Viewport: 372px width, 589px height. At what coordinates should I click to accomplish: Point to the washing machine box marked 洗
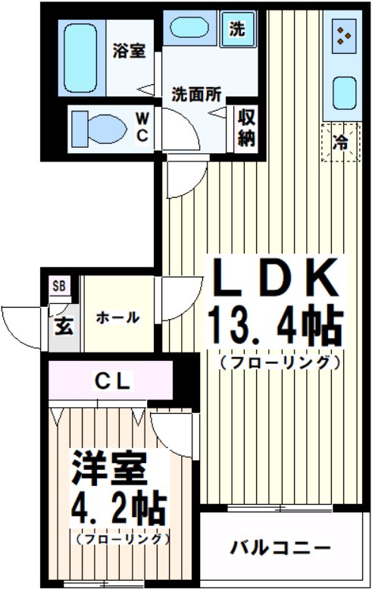(x=237, y=31)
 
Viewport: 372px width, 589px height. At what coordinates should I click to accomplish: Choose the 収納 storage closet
(x=245, y=127)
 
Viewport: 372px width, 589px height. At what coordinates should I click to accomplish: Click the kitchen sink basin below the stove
(x=345, y=92)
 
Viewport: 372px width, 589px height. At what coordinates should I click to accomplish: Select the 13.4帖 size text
(x=275, y=327)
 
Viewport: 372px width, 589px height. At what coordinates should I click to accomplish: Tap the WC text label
(x=142, y=126)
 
